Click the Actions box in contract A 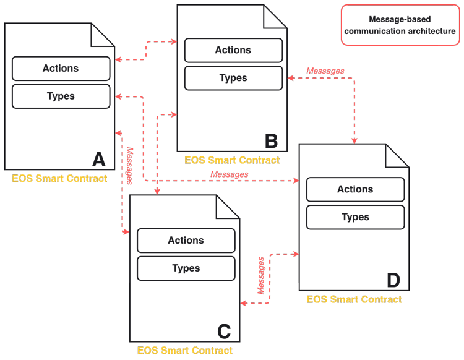click(x=61, y=68)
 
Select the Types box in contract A click(x=61, y=96)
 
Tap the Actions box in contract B click(x=233, y=50)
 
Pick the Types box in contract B click(x=233, y=78)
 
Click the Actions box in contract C click(x=186, y=241)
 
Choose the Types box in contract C click(x=186, y=268)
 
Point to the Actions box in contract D click(x=355, y=189)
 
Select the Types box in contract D click(x=355, y=218)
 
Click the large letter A click(x=99, y=160)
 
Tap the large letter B click(x=271, y=141)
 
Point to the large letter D click(x=393, y=280)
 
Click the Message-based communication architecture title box click(x=400, y=25)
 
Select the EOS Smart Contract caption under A click(x=59, y=179)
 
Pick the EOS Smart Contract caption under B click(x=232, y=160)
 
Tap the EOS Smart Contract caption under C click(x=185, y=351)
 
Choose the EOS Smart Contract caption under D click(x=354, y=299)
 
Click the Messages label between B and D click(x=325, y=71)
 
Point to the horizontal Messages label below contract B click(x=230, y=174)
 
